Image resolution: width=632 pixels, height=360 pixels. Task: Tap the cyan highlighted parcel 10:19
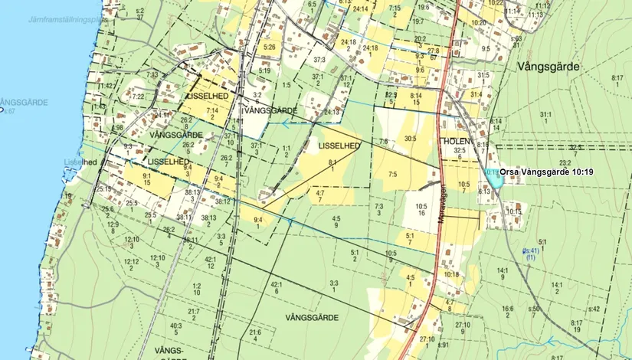(494, 179)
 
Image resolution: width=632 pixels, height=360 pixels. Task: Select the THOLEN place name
(454, 141)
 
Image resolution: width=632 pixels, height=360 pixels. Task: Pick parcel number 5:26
(269, 47)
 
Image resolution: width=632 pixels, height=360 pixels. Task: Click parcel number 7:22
(137, 97)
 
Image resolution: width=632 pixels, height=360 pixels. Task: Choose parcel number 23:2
(565, 162)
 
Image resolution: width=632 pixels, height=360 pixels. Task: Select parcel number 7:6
(383, 141)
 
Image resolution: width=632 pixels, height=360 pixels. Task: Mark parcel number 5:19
(264, 70)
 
